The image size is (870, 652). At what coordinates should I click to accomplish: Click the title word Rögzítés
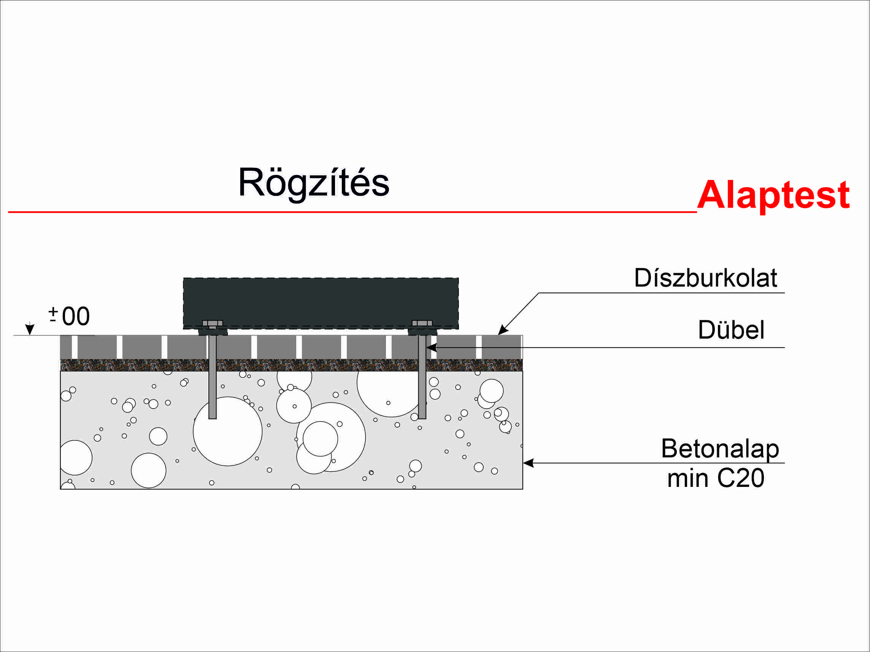pyautogui.click(x=313, y=183)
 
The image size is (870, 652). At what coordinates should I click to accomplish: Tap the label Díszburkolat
pyautogui.click(x=705, y=278)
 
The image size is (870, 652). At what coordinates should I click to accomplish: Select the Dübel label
pyautogui.click(x=731, y=329)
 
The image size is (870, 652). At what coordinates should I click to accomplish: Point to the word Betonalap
pyautogui.click(x=720, y=448)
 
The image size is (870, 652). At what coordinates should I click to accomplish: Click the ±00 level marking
pyautogui.click(x=70, y=316)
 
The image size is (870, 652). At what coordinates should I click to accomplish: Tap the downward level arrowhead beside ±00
pyautogui.click(x=30, y=329)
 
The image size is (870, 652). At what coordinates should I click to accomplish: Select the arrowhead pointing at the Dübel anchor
pyautogui.click(x=432, y=347)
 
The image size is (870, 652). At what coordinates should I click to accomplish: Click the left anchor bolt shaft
pyautogui.click(x=213, y=378)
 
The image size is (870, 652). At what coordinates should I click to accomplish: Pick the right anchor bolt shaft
pyautogui.click(x=422, y=378)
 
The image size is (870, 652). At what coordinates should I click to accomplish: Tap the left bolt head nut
pyautogui.click(x=213, y=323)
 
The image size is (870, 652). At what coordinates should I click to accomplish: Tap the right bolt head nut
pyautogui.click(x=422, y=323)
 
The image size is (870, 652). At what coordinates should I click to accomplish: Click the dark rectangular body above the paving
pyautogui.click(x=321, y=301)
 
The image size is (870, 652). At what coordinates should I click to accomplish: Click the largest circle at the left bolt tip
pyautogui.click(x=228, y=432)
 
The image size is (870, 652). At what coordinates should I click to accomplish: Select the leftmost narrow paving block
pyautogui.click(x=66, y=347)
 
